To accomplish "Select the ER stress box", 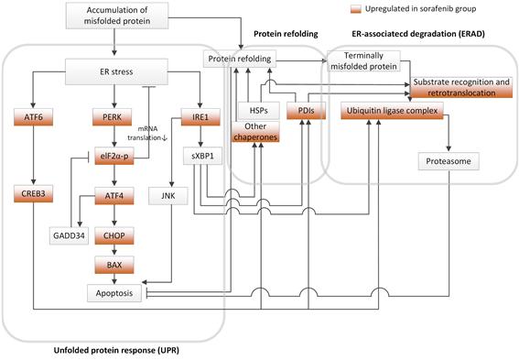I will (x=114, y=70).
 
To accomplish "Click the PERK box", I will (x=114, y=118).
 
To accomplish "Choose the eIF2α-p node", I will (x=114, y=156).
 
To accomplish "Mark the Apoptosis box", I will (x=114, y=294).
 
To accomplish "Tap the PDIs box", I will (x=307, y=111).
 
